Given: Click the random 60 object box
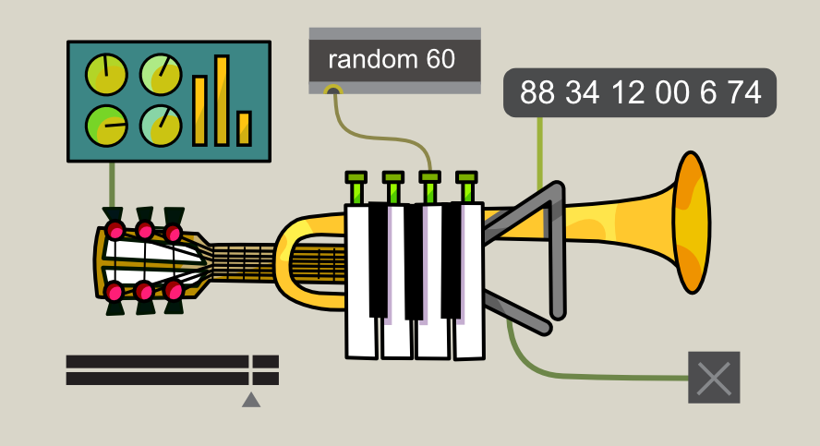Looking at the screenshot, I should (x=394, y=60).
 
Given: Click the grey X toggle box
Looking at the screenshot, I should (x=714, y=378).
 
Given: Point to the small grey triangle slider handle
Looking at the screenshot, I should (x=250, y=400).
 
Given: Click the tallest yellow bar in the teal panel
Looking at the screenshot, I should (x=222, y=100).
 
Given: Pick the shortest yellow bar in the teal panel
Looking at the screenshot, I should (x=244, y=128).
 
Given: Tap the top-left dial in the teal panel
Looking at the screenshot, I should (x=106, y=76).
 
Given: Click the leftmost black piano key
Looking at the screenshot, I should (x=379, y=259).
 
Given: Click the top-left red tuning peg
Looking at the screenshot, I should (x=115, y=230).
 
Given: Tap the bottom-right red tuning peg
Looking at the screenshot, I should (x=174, y=292).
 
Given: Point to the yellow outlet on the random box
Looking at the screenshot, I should (x=333, y=90).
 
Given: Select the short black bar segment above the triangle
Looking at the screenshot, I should (x=266, y=361).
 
